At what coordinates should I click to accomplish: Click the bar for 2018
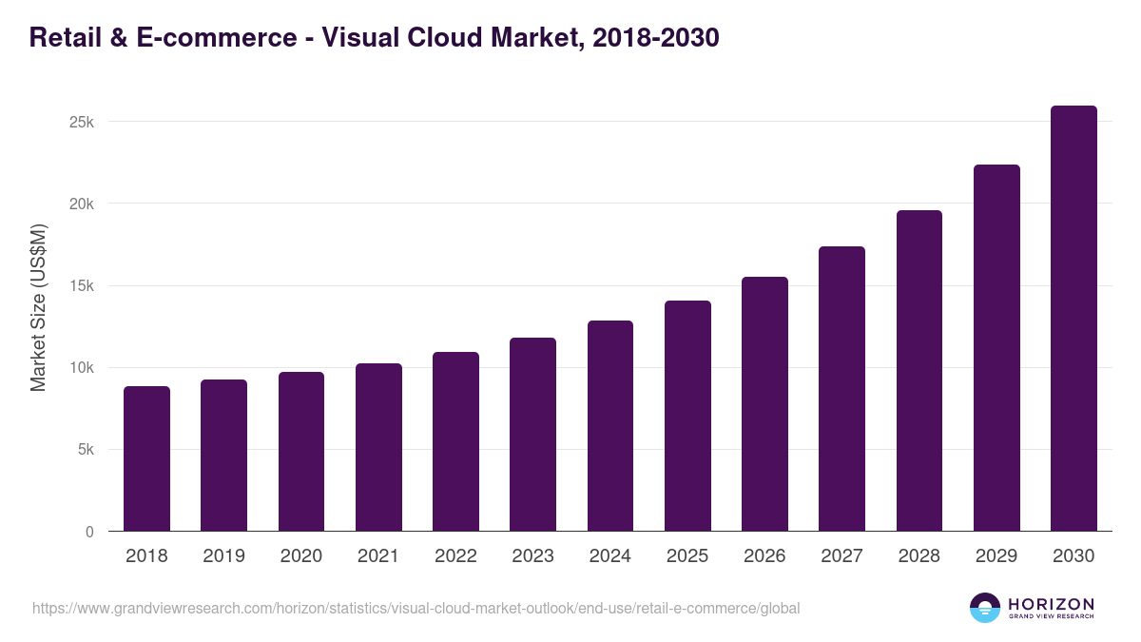point(146,458)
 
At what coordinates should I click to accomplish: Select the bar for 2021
point(378,447)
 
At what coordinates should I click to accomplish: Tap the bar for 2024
point(610,426)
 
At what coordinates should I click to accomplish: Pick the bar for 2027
point(841,389)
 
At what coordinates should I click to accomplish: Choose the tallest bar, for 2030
point(1073,319)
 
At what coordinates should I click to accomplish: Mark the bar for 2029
point(996,348)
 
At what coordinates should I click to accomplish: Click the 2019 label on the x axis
point(223,556)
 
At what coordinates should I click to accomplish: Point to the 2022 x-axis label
point(455,556)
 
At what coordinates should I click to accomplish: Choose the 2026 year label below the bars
point(764,556)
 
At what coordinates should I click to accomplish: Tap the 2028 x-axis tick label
point(919,556)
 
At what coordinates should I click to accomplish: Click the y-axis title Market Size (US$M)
point(38,306)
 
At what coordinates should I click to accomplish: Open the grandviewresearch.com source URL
point(416,608)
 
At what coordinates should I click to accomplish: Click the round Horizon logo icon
point(985,608)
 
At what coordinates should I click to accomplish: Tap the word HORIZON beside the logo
point(1051,603)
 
